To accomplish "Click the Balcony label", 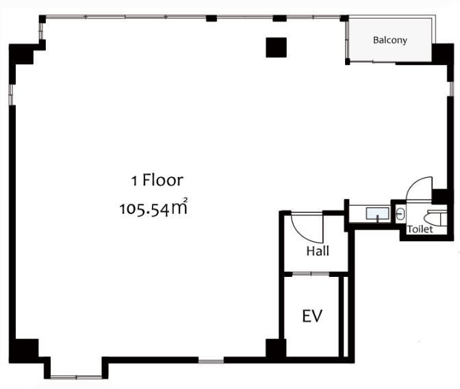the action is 390,40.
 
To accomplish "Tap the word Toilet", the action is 420,229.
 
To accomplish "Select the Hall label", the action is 318,251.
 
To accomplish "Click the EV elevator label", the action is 312,316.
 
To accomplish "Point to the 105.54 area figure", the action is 144,210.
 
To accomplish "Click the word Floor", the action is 163,180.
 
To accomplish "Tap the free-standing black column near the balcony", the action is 276,47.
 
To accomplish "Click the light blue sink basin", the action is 378,213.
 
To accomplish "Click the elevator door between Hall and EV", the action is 311,274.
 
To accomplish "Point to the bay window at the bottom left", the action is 76,377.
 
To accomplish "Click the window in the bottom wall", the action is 212,360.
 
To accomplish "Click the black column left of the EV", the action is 276,348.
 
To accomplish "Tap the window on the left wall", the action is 12,94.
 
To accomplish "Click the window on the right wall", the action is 450,89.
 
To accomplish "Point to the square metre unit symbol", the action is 179,206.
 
